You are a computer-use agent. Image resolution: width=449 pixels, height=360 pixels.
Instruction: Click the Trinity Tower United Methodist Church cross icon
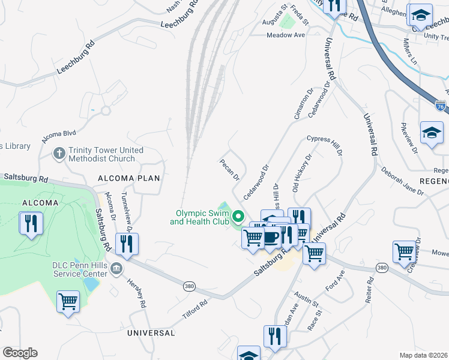point(59,154)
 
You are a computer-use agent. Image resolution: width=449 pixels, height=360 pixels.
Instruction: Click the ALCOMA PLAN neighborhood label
point(130,178)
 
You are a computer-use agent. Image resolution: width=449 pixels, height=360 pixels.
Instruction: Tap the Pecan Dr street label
point(230,169)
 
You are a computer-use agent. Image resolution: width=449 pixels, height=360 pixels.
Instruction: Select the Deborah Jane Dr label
point(402,181)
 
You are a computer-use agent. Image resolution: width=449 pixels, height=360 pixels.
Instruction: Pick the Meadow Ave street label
point(286,35)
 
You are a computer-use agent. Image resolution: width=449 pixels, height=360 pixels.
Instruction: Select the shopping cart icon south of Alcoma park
point(68,301)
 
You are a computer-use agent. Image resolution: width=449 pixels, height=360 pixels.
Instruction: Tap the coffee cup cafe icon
point(271,238)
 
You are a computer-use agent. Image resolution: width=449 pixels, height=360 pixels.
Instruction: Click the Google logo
point(20,353)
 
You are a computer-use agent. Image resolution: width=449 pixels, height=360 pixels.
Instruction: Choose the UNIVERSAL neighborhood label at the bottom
point(151,332)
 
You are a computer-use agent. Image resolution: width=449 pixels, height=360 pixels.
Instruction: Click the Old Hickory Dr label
point(303,175)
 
